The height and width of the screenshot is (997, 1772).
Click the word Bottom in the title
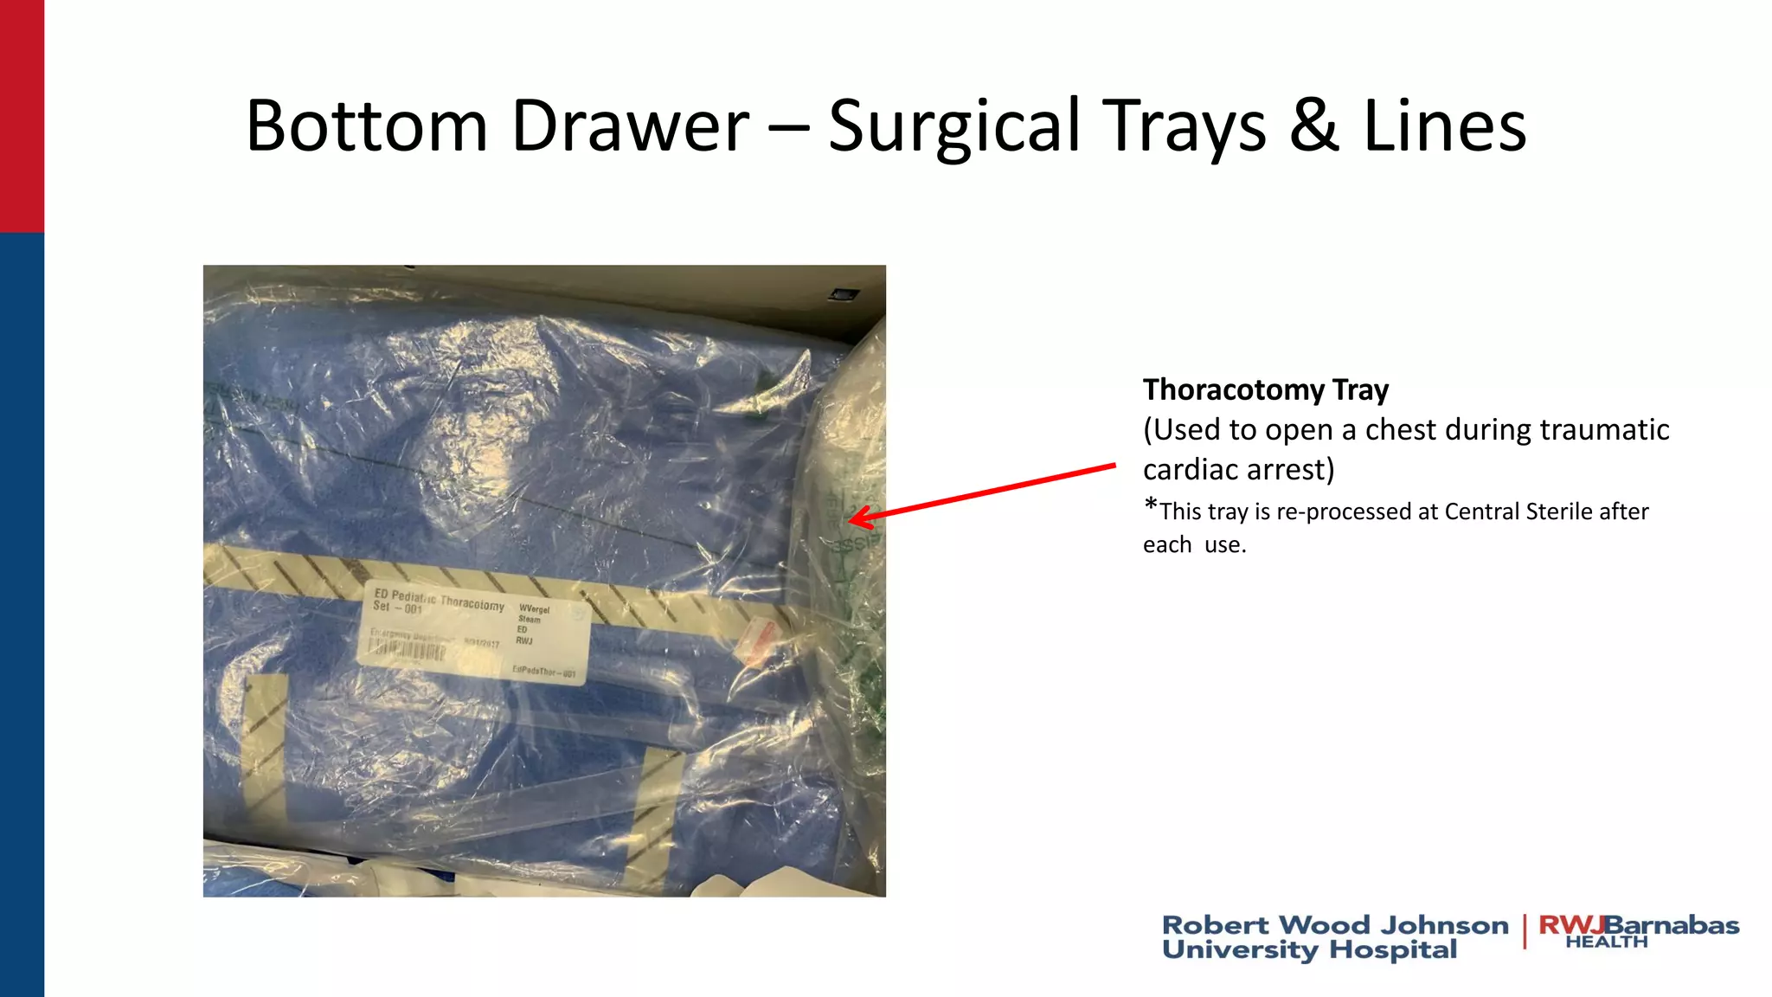click(x=366, y=126)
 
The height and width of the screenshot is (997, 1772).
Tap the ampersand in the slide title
click(x=1314, y=126)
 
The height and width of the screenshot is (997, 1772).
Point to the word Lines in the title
click(x=1444, y=126)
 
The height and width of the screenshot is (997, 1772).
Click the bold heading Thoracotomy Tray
click(x=1265, y=390)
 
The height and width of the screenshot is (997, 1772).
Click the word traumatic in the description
click(x=1604, y=430)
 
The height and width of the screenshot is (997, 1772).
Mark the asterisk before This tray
click(x=1151, y=505)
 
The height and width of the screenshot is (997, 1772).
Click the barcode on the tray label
click(x=407, y=649)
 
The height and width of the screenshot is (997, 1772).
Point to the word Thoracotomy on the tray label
click(x=472, y=602)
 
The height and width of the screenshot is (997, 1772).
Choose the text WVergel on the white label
click(x=534, y=609)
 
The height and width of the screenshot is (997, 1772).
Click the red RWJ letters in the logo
click(x=1570, y=924)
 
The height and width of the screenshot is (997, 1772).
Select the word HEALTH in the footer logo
click(x=1606, y=942)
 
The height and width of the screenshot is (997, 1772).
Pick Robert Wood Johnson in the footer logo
click(x=1334, y=925)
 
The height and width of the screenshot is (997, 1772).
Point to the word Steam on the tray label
click(x=529, y=620)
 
